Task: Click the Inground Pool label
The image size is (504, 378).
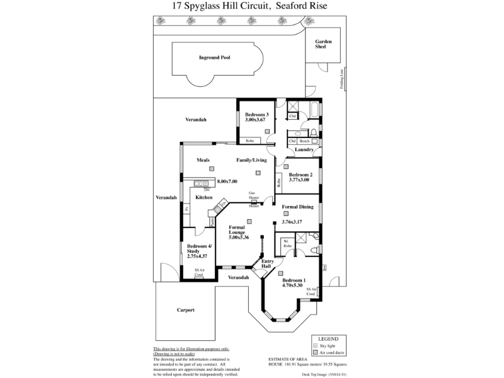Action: point(215,57)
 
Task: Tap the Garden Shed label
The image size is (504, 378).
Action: point(323,44)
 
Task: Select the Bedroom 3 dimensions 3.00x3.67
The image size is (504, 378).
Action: point(257,120)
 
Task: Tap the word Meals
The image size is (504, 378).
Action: point(202,160)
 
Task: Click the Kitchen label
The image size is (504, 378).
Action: point(203,198)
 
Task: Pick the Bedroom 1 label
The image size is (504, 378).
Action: point(294,280)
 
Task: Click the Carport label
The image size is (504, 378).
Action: point(185,310)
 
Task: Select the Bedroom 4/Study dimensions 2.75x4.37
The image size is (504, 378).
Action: point(198,255)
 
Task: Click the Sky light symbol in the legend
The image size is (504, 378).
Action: point(314,345)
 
